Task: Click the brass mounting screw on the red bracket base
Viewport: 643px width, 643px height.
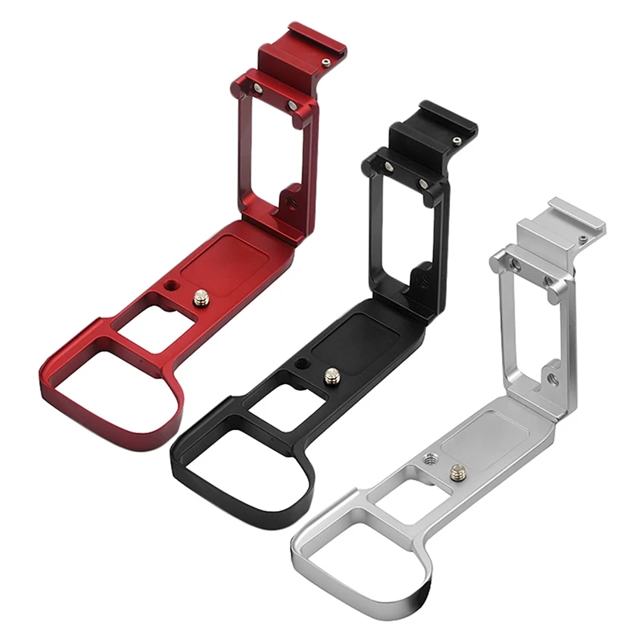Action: point(200,299)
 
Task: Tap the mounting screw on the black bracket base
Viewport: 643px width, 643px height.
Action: point(331,375)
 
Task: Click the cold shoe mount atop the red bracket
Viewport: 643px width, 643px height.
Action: point(301,50)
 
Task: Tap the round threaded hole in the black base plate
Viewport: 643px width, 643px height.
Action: point(301,364)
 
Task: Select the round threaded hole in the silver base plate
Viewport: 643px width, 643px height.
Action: point(429,459)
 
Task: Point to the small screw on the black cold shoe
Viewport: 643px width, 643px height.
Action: point(456,141)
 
